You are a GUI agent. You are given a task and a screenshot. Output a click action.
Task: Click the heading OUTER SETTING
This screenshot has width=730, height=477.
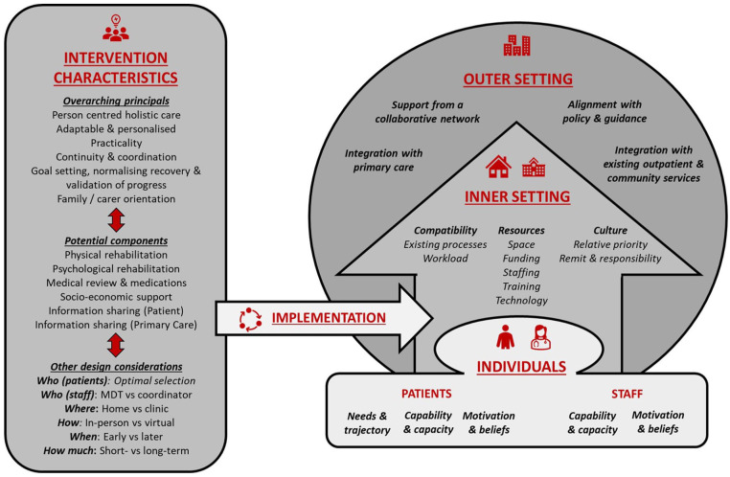[517, 79]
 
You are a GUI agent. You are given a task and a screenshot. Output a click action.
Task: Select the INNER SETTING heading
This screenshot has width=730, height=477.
[517, 196]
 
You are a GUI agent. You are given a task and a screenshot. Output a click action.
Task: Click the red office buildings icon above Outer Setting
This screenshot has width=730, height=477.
[516, 45]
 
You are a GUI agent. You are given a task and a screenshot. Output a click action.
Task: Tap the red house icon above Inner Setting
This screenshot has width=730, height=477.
[498, 168]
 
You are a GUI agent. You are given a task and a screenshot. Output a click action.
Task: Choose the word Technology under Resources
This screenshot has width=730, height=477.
[520, 300]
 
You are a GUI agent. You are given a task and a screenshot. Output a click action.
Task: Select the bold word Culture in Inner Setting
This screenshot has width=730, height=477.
[610, 231]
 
